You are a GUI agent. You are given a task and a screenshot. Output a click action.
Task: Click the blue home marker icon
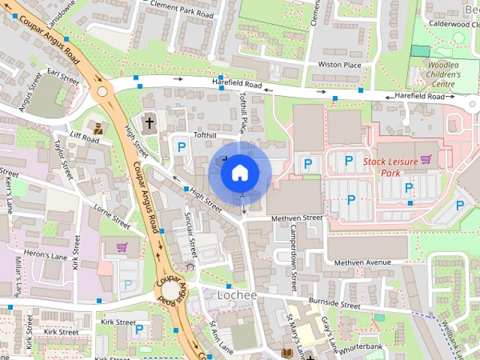(x=239, y=172)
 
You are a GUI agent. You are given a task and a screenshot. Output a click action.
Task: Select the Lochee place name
(x=237, y=295)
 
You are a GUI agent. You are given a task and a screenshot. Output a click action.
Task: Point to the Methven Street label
(x=296, y=217)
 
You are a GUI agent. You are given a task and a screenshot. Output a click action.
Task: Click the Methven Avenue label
(x=364, y=262)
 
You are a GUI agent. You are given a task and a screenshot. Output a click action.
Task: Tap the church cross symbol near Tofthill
(x=149, y=122)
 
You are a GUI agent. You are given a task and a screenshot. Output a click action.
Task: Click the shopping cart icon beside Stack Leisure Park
(x=427, y=158)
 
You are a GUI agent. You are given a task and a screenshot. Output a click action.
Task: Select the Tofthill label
(x=204, y=135)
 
